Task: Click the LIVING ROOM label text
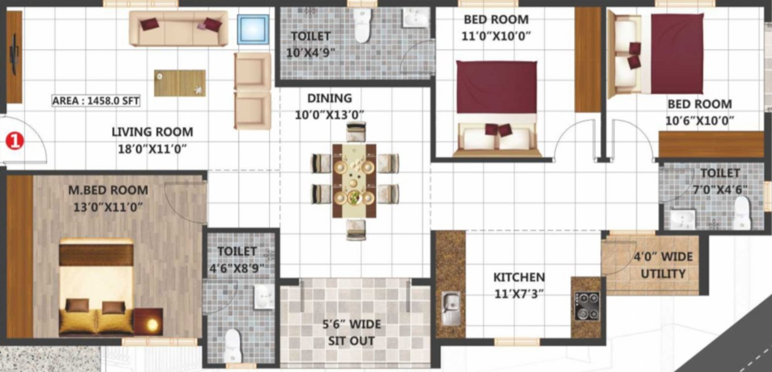(x=152, y=140)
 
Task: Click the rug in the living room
(x=180, y=83)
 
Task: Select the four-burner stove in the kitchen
(x=587, y=305)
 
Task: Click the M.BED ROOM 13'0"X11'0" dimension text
(x=108, y=197)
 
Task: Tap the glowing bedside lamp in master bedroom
(x=151, y=325)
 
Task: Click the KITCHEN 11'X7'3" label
(x=518, y=285)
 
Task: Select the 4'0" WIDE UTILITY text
(x=663, y=265)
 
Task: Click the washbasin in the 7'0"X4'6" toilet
(x=682, y=219)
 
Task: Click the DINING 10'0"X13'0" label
(x=329, y=106)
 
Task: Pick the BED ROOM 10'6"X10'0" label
(x=699, y=112)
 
